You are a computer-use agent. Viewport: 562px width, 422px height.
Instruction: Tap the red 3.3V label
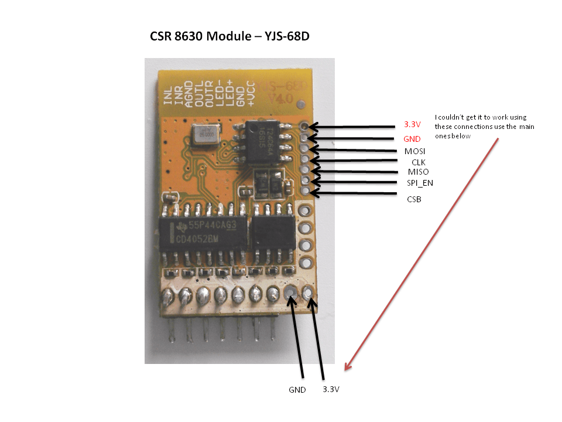(413, 125)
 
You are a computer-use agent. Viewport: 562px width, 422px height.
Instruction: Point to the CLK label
(419, 162)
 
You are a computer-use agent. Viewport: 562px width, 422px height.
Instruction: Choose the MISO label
(418, 172)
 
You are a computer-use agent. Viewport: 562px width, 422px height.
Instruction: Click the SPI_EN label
(420, 183)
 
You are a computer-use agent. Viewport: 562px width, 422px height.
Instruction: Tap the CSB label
(414, 199)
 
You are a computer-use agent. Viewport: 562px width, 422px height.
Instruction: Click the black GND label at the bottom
(297, 390)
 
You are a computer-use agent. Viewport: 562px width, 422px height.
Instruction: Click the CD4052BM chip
(202, 234)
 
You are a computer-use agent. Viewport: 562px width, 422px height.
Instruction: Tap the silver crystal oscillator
(203, 136)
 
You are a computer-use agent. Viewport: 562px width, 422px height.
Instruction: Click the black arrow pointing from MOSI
(351, 150)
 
